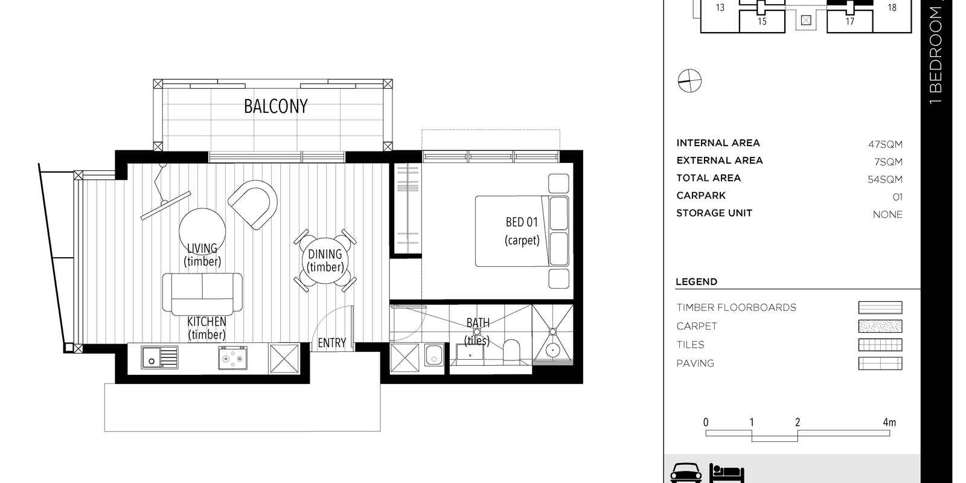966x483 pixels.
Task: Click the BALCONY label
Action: coord(275,106)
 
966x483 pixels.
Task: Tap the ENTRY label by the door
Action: coord(331,343)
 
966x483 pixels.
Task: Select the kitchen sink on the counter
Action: coord(160,357)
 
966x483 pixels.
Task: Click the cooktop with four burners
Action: coord(232,358)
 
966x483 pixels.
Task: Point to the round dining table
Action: coord(325,260)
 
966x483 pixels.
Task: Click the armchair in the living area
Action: coord(254,204)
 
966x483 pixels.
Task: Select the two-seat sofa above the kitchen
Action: coord(202,293)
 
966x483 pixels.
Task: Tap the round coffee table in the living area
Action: coord(203,232)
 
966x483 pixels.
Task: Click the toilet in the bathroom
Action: coord(511,352)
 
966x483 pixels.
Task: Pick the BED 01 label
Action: coord(522,222)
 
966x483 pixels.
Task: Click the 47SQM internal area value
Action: coord(885,144)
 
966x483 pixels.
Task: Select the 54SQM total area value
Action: coord(885,179)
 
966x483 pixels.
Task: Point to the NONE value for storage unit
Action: coord(888,214)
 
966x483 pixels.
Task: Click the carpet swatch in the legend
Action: coord(880,326)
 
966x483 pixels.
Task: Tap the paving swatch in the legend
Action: coord(880,363)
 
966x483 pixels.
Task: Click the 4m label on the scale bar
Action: coord(889,423)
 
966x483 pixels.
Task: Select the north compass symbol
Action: coord(689,80)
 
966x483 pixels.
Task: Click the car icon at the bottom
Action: coord(686,473)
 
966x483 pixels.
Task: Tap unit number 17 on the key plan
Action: coord(849,21)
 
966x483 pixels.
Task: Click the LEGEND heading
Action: coord(696,282)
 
